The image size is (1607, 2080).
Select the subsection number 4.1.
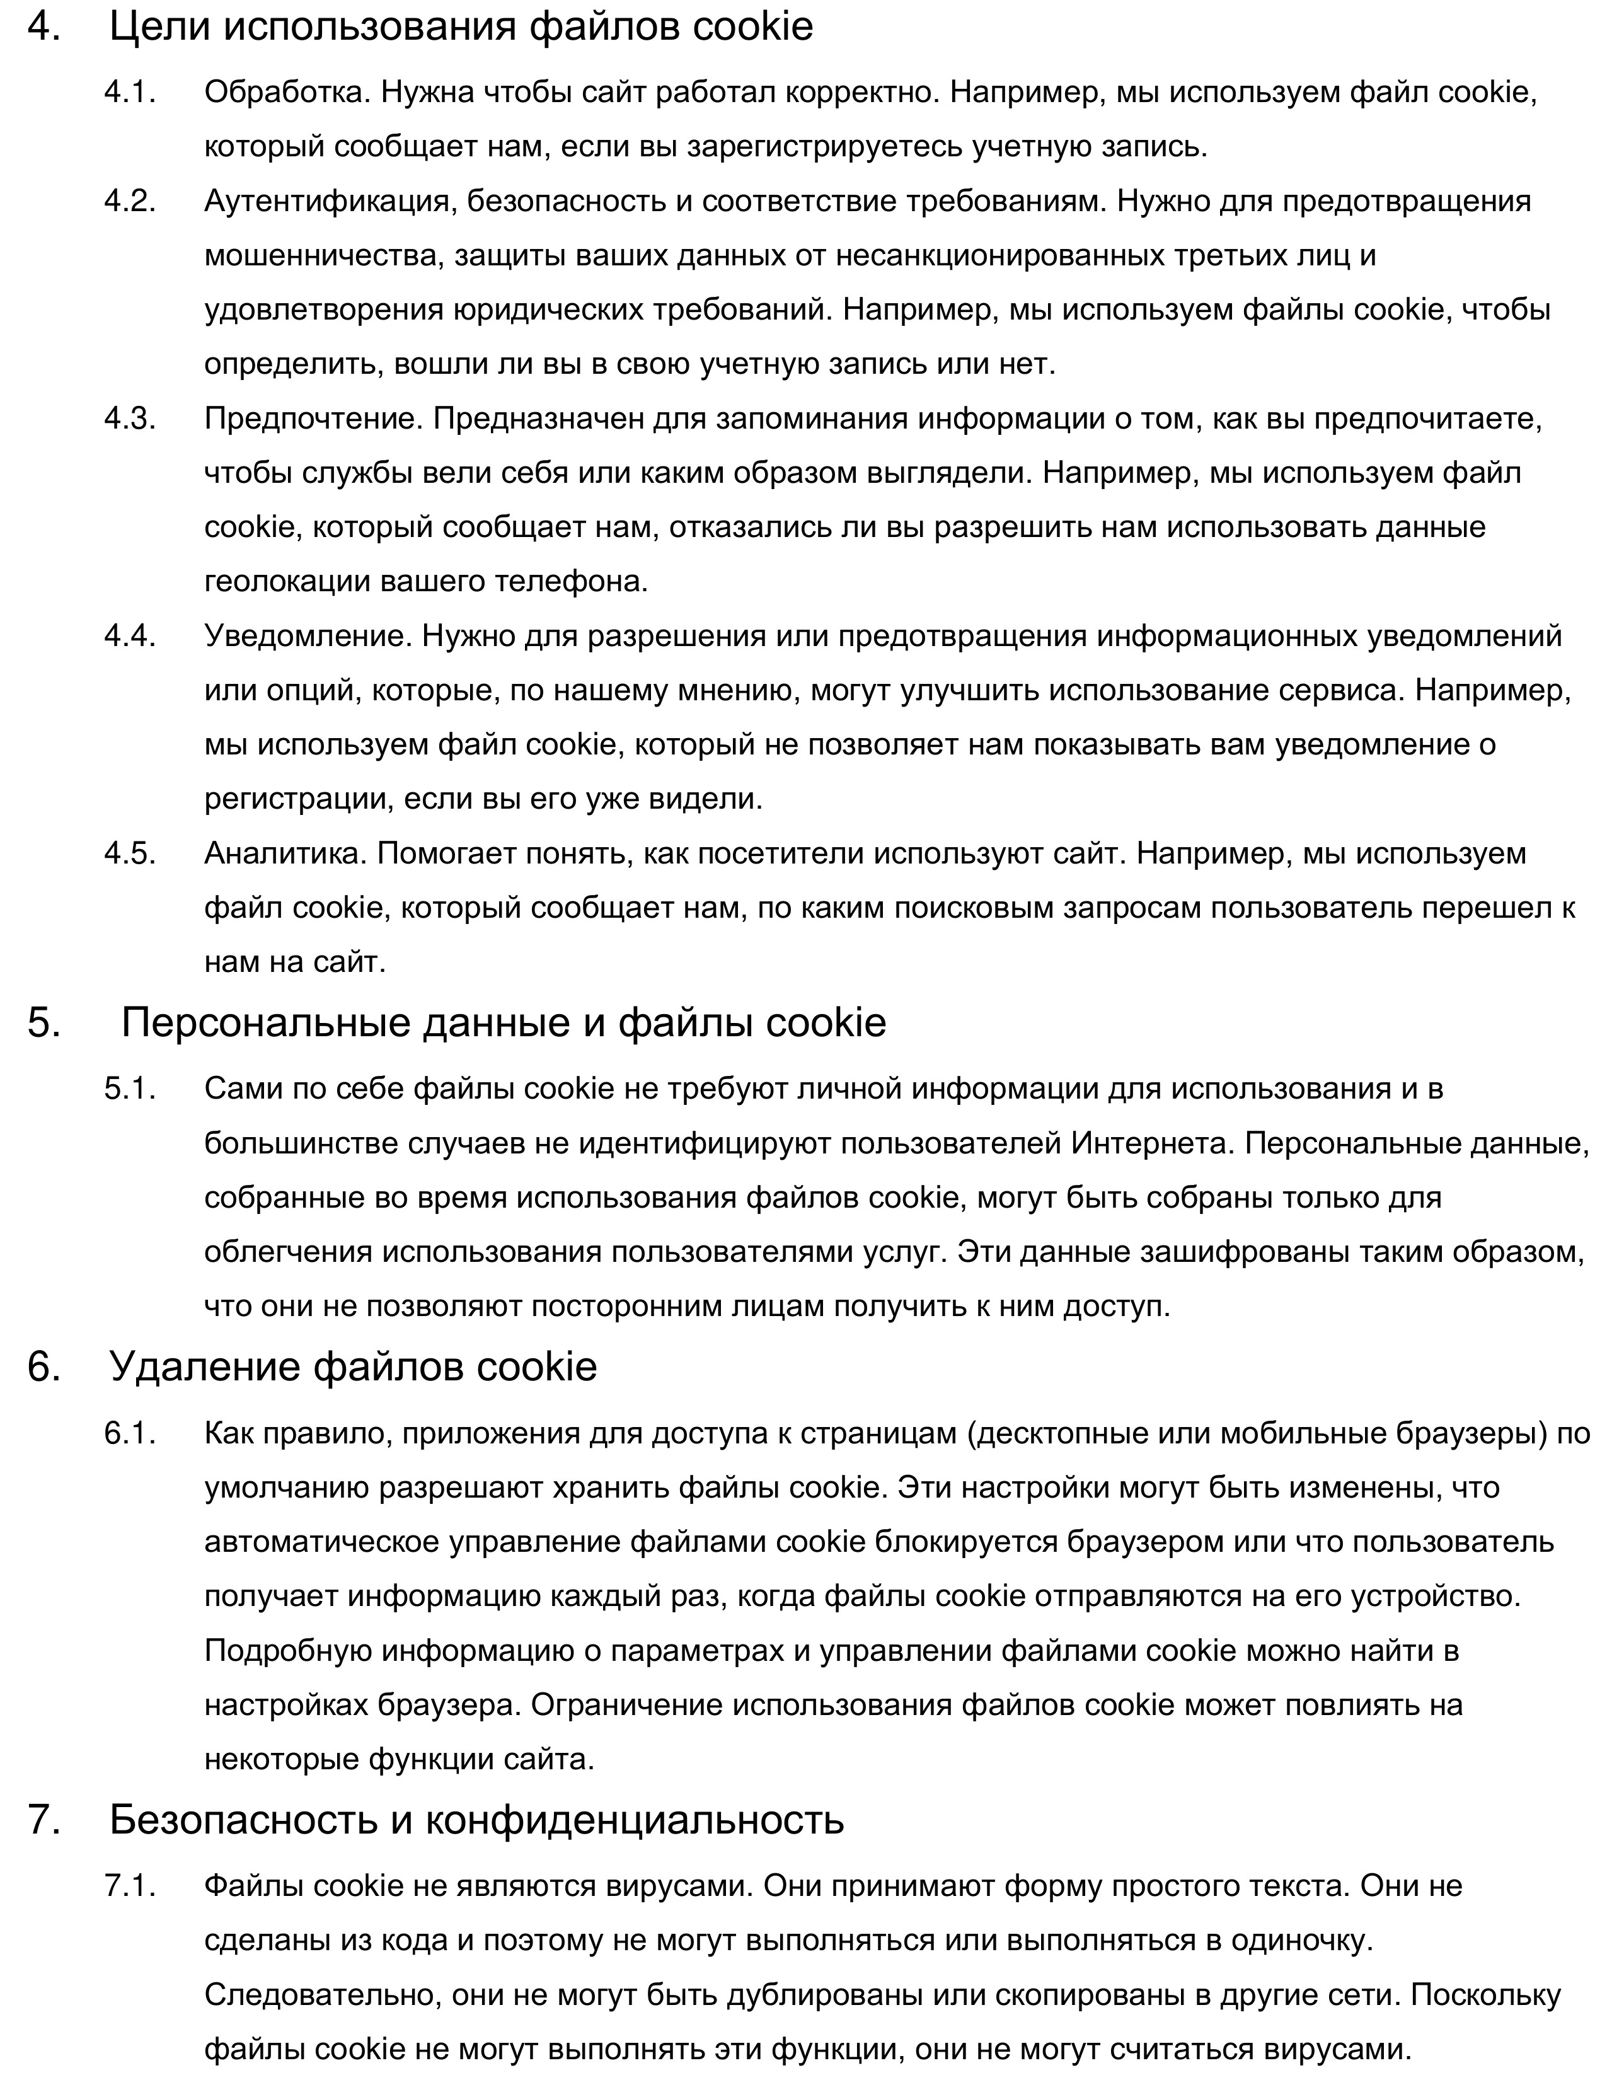(x=129, y=93)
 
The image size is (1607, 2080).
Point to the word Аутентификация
(x=328, y=201)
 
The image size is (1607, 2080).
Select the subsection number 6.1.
(x=129, y=1433)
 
